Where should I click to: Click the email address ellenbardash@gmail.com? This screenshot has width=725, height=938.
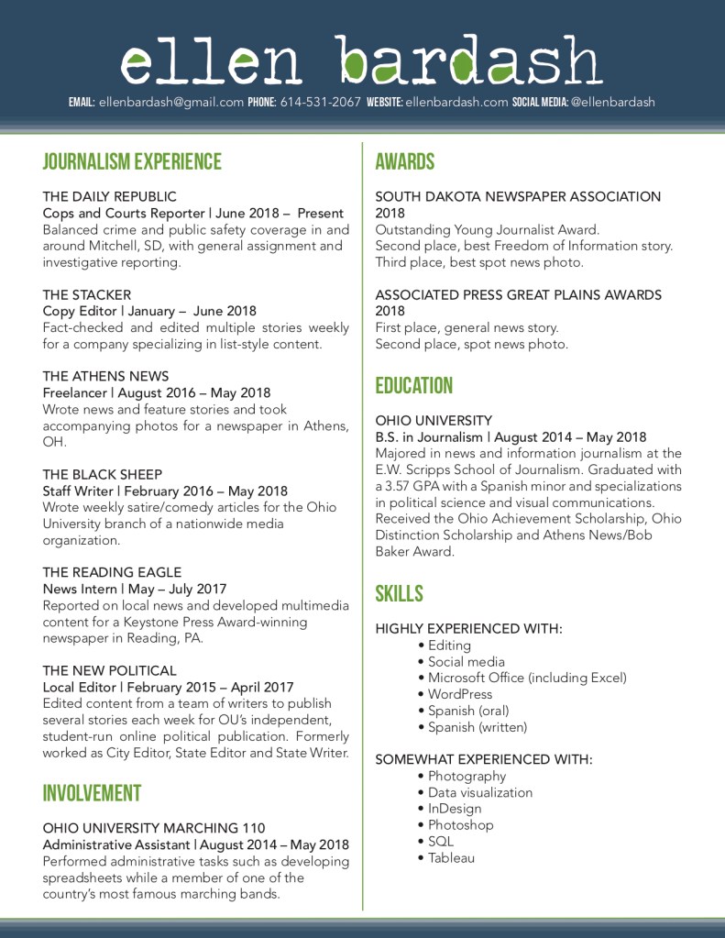(x=170, y=102)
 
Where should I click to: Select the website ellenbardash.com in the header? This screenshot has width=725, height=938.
(x=456, y=102)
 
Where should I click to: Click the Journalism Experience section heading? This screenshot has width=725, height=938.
(x=132, y=162)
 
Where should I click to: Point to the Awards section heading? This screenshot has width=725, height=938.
(x=404, y=162)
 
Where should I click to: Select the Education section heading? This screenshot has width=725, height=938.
(x=414, y=385)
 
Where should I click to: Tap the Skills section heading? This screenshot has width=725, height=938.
(x=399, y=593)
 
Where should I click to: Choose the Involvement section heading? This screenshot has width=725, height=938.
(x=92, y=793)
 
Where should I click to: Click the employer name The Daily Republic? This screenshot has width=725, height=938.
(x=109, y=196)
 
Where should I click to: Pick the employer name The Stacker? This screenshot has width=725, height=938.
(x=87, y=295)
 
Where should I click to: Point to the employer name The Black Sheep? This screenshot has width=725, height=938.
(x=102, y=474)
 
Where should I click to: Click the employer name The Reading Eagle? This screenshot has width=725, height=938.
(x=112, y=572)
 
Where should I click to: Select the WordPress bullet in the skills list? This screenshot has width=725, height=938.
(x=459, y=694)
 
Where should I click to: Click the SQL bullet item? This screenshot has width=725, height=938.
(x=440, y=841)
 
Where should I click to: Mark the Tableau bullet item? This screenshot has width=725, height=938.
(x=451, y=857)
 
